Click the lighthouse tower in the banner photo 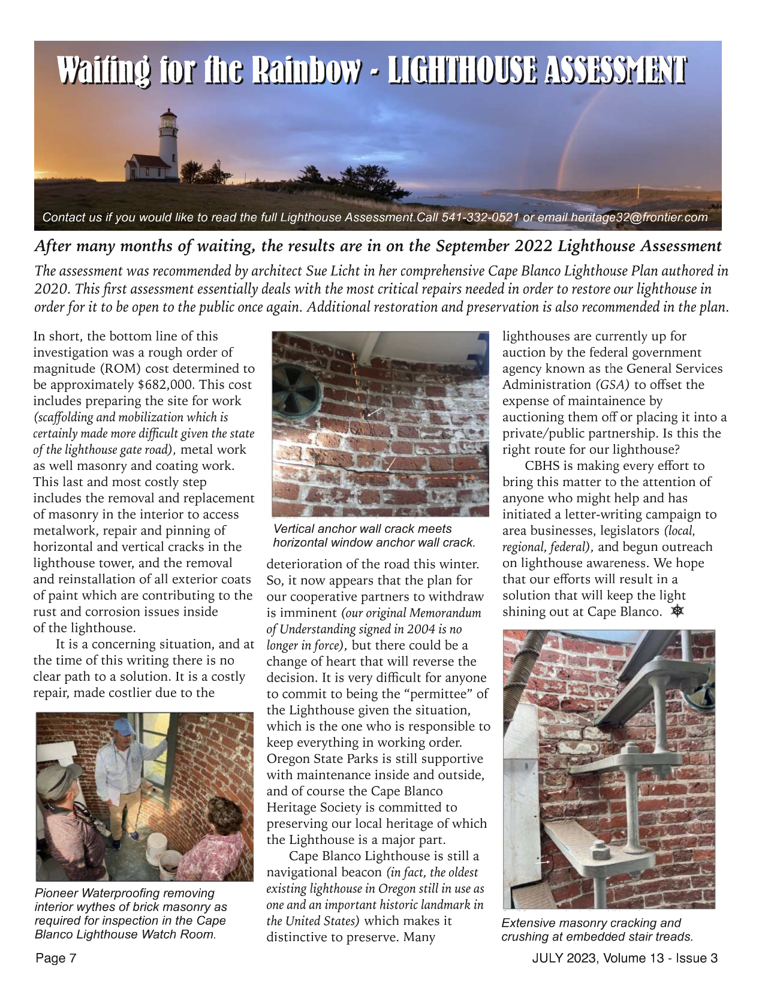[168, 144]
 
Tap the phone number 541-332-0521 [480, 218]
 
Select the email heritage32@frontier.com [639, 218]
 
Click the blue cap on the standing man [124, 727]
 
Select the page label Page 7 [56, 958]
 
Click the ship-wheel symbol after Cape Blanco [677, 611]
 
